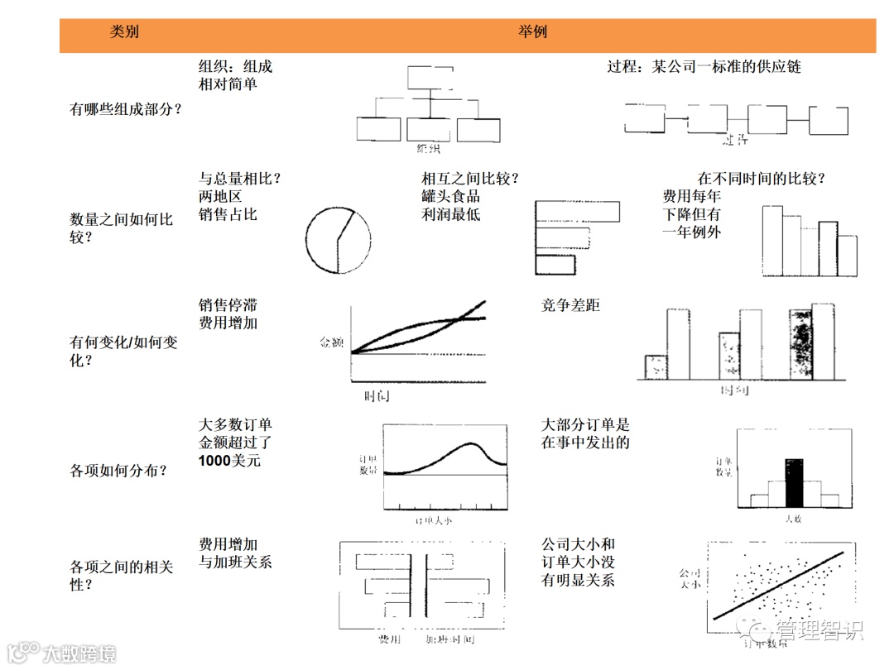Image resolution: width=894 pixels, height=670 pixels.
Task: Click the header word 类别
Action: [125, 33]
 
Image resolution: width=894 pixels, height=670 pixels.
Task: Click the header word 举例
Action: [535, 33]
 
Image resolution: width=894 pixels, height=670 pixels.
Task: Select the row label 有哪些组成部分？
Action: [126, 108]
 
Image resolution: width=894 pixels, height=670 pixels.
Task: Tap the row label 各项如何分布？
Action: [119, 471]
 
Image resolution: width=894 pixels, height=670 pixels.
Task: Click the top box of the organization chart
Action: [430, 78]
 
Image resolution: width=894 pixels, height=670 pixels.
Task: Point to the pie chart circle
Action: [338, 240]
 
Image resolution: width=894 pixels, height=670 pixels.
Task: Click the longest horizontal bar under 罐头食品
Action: [577, 212]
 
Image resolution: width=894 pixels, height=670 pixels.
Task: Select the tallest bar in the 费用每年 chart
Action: [771, 240]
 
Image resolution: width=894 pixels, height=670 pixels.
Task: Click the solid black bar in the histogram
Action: [794, 481]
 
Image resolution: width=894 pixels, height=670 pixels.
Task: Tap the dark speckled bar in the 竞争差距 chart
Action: [800, 344]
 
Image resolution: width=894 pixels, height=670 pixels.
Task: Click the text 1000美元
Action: [229, 461]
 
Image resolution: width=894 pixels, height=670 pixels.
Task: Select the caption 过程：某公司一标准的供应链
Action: [704, 66]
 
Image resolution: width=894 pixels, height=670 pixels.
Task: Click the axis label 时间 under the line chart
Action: [377, 396]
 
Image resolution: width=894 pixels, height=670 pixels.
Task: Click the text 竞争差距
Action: [570, 305]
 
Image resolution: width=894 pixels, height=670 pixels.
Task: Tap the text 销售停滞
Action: [228, 305]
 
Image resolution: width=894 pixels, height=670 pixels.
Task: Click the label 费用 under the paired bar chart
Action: [389, 640]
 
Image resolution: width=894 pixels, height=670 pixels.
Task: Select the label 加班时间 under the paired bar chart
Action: [453, 640]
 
